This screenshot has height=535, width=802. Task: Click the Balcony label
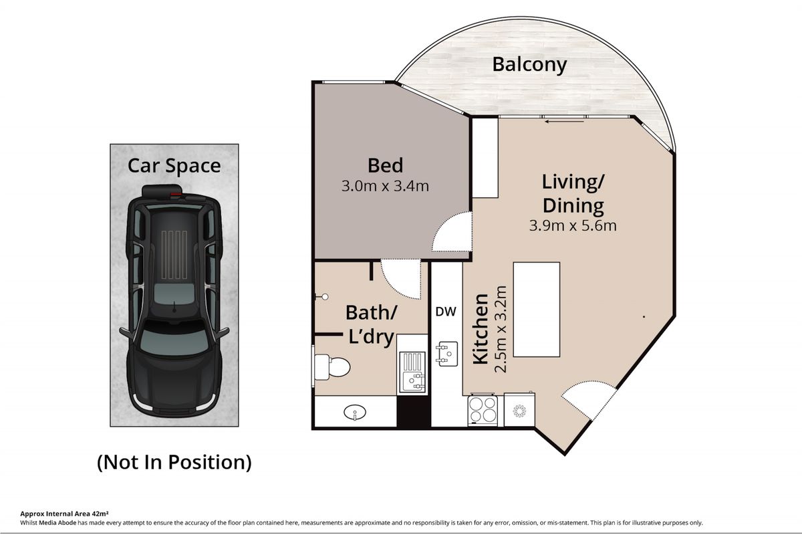[x=529, y=66]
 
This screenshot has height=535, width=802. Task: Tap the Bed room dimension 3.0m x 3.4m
[x=385, y=186]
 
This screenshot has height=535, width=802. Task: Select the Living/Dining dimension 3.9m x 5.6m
[x=573, y=225]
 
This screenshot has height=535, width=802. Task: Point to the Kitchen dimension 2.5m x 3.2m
[x=501, y=329]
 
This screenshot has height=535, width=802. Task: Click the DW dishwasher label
[x=446, y=312]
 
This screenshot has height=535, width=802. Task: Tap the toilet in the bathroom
[x=332, y=366]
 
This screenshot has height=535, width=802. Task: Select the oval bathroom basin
[x=355, y=412]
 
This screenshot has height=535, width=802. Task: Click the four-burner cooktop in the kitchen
[x=483, y=411]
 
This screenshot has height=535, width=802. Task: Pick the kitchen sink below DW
[x=446, y=354]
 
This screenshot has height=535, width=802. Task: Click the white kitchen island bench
[x=536, y=309]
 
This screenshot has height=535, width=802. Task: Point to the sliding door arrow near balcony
[x=564, y=122]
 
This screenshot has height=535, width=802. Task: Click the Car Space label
[x=174, y=166]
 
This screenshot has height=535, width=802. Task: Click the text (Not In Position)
[x=174, y=462]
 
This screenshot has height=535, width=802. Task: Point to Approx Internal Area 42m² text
[x=64, y=514]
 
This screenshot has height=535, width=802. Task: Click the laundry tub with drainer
[x=412, y=372]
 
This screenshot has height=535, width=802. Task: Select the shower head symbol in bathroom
[x=322, y=297]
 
